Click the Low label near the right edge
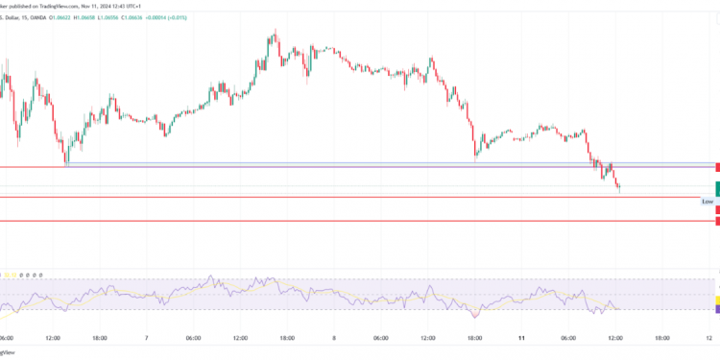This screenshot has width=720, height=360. (708, 202)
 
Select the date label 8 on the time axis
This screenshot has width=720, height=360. (334, 338)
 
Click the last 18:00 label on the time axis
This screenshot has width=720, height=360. (662, 338)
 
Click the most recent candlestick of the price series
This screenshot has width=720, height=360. (619, 187)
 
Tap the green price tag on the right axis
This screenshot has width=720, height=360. (716, 187)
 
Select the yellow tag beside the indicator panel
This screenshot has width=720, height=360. (716, 300)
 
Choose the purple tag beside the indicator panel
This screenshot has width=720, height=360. (716, 309)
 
